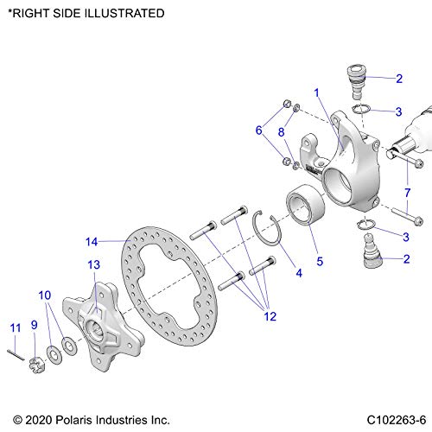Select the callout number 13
pos(93,264)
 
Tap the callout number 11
pos(15,327)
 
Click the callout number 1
pos(317,92)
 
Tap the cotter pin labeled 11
pos(17,351)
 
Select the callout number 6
pos(258,131)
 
